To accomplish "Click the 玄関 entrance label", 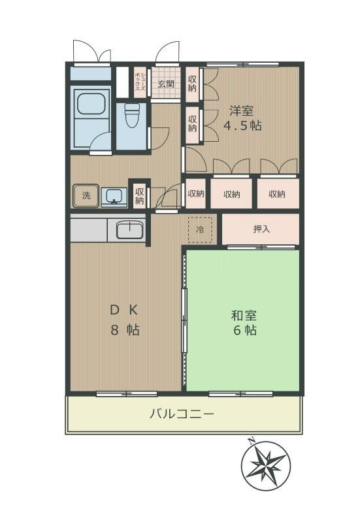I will coord(166,84).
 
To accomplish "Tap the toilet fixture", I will coord(131,116).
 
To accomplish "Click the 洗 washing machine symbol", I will coord(86,194).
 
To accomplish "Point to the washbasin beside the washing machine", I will coord(113,195).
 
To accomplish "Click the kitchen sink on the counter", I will coord(130,229).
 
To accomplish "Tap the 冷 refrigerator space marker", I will coord(201,229).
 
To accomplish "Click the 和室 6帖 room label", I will coord(243,323).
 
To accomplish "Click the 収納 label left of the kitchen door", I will coord(140,195).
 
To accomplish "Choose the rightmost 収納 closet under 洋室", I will coord(276,194).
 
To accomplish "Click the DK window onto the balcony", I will coord(127,393).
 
